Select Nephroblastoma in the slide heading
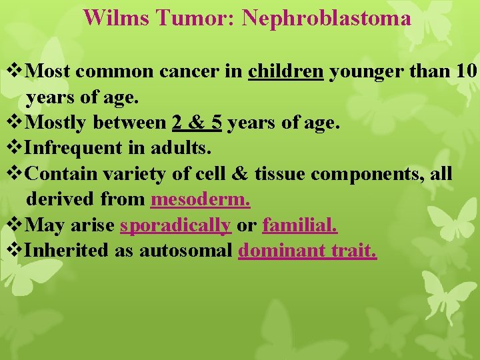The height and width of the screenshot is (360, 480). coord(326,17)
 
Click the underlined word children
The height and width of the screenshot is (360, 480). coord(285,71)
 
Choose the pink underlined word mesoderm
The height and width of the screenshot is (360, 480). coord(201,199)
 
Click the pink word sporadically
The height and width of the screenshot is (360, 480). coord(175,225)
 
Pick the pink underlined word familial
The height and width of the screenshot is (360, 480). coord(300,225)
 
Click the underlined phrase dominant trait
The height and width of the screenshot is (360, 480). coord(307,251)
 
